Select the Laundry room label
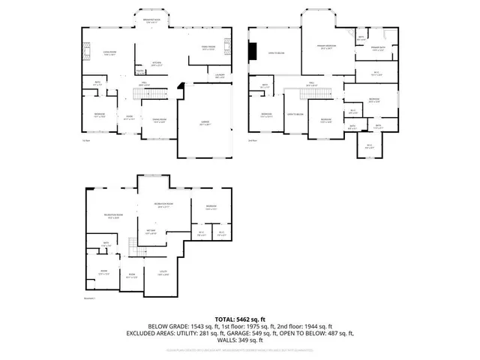[220, 75]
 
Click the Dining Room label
[159, 121]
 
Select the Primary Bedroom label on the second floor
[324, 47]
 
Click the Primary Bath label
[377, 49]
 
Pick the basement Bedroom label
[211, 207]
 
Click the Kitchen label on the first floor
[157, 63]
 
